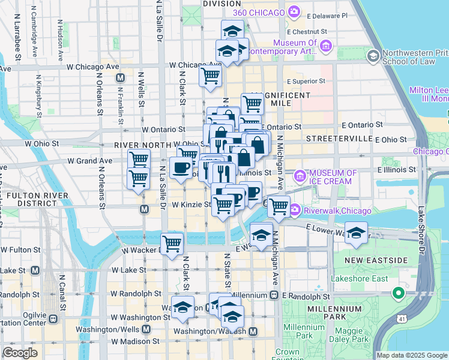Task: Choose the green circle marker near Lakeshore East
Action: pos(397,294)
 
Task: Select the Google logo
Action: pos(20,353)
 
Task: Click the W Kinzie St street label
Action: pos(191,205)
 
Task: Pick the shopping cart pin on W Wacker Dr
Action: pos(172,244)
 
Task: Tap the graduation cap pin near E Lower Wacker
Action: pos(356,233)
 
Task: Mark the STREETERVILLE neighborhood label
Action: pos(339,139)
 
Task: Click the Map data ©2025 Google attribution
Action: pos(411,355)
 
